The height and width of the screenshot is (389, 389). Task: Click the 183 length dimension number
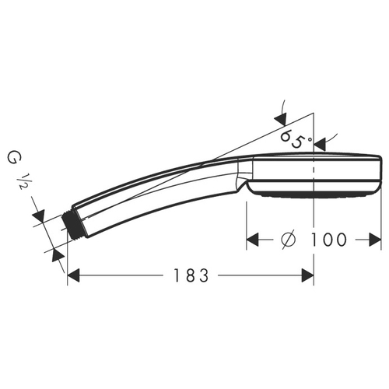(191, 275)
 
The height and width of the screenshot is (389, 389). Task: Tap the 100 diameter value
(328, 240)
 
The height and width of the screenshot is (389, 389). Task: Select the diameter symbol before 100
(289, 240)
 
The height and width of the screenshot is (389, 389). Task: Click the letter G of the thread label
(12, 159)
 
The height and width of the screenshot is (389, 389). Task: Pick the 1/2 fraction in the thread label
(23, 181)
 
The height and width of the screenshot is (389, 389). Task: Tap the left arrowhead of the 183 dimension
(73, 275)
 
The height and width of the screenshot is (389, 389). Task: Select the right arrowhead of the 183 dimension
(308, 275)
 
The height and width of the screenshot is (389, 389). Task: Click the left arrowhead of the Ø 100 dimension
(253, 240)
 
